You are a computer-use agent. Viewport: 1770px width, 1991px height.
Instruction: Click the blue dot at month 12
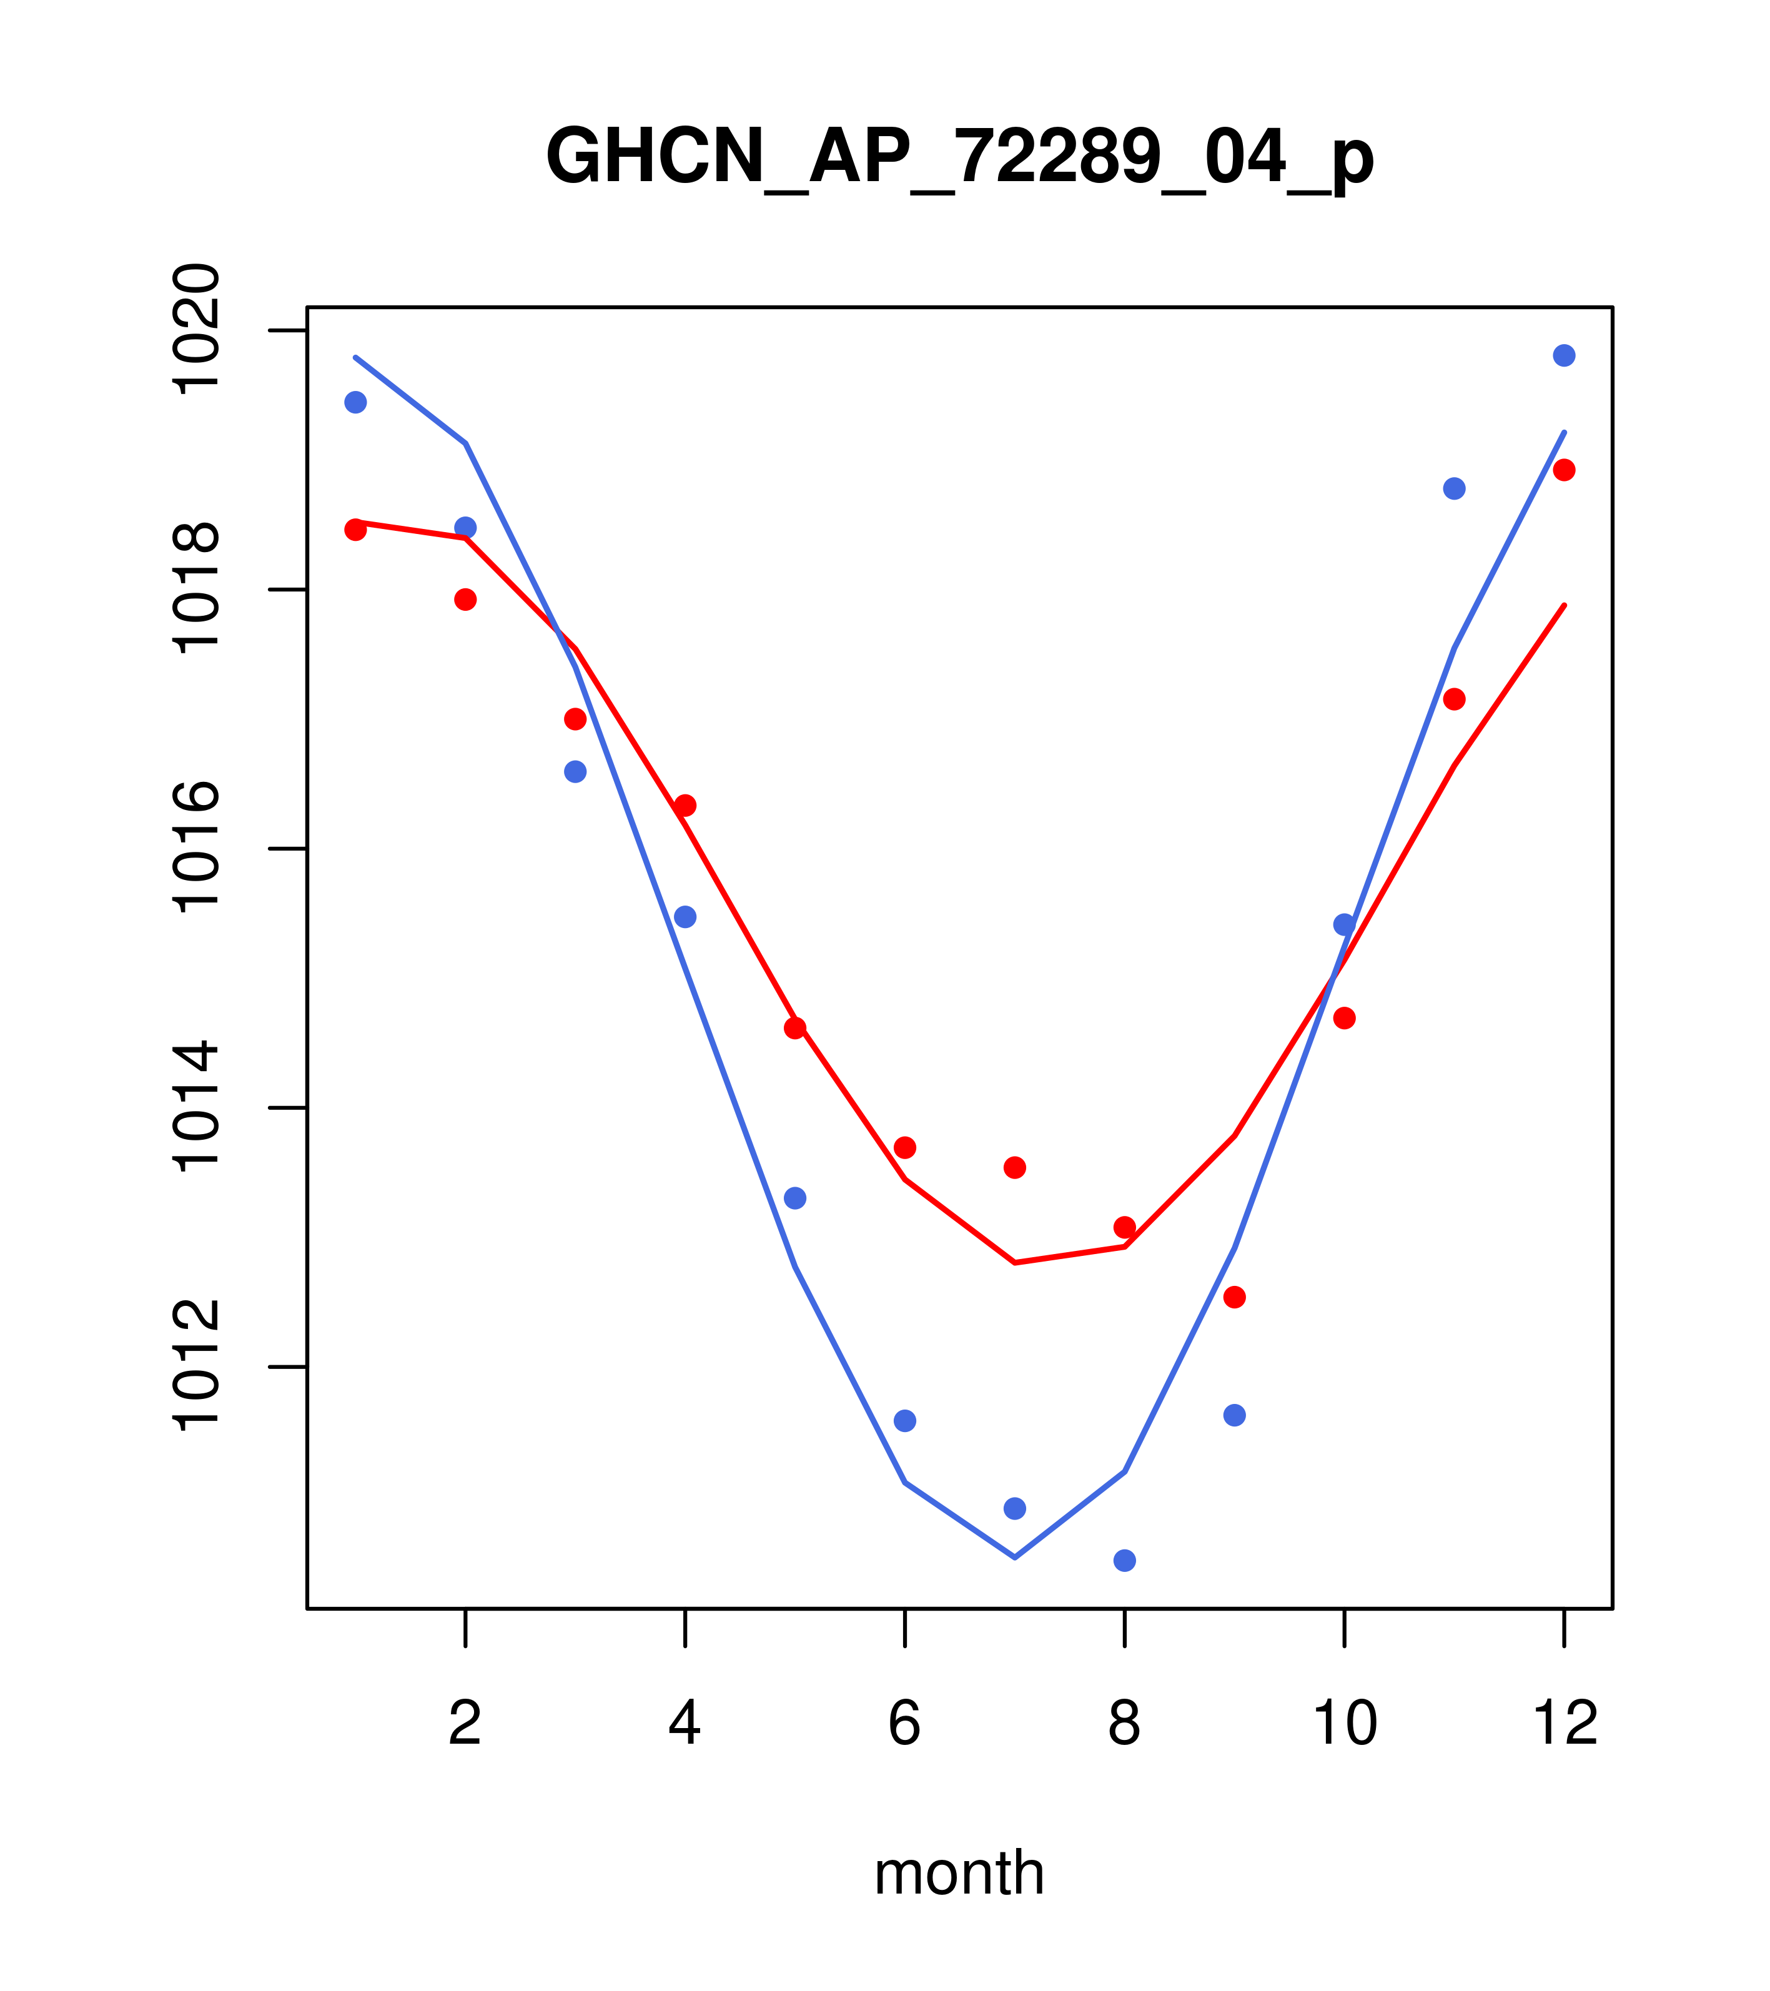click(1565, 355)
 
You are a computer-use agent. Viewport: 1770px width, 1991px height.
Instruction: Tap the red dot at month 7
click(1015, 1167)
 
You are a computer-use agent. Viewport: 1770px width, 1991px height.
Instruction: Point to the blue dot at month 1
click(355, 402)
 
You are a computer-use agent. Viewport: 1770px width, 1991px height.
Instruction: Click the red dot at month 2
click(466, 599)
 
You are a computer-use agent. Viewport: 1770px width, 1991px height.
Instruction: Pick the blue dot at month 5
click(795, 1197)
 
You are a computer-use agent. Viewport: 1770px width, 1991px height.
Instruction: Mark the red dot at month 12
click(1565, 470)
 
